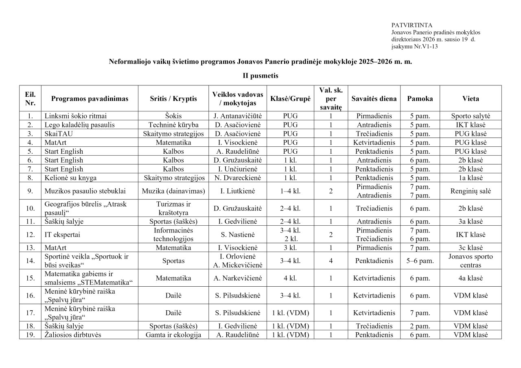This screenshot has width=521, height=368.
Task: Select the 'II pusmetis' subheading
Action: coord(260,76)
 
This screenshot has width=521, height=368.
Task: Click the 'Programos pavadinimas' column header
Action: coord(90,98)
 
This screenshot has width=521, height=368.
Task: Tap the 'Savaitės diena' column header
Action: coord(374,98)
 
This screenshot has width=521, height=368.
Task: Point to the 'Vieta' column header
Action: coord(471,98)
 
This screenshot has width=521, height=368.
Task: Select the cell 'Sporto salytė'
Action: coord(471,116)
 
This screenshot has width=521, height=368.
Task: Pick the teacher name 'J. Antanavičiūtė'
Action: coord(237,116)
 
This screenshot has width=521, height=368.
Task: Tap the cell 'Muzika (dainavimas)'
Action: coord(173,191)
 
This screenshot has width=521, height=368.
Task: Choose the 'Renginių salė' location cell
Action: coord(471,191)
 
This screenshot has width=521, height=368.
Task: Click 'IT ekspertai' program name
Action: coord(62,235)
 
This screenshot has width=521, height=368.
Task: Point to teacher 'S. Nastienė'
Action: coord(237,235)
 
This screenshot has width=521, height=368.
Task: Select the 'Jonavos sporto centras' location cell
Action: coord(471,261)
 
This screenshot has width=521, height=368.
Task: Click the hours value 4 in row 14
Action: coord(331,261)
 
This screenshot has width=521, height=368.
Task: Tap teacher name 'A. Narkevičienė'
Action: coord(237,278)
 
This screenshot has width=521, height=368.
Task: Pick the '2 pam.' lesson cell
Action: coord(420,326)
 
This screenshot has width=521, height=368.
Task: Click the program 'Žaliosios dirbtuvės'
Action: coord(73,335)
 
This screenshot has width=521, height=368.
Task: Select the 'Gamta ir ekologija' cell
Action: coord(173,335)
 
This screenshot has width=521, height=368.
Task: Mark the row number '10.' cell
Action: coord(30,208)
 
